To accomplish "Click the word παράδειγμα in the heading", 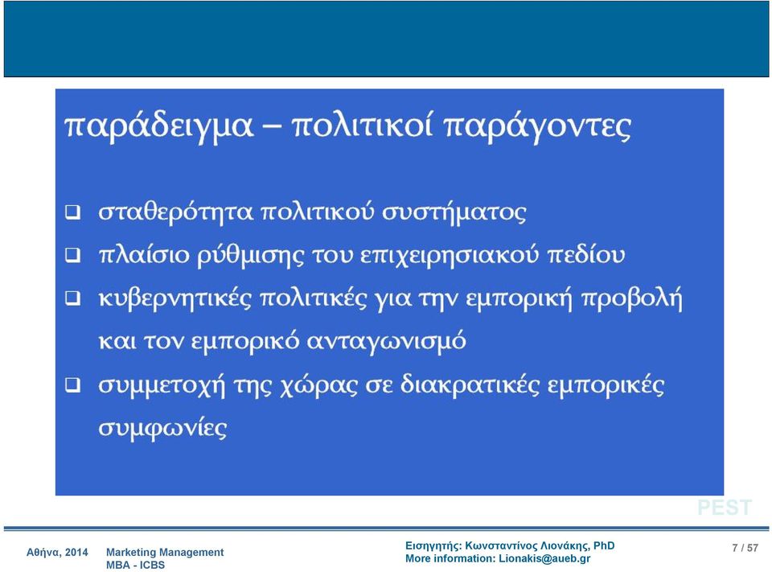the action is (158, 126).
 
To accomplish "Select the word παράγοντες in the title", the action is (537, 126).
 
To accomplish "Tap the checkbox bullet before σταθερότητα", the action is (73, 212).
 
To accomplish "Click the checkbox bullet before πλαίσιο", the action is (73, 255).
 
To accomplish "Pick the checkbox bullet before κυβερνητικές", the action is (73, 298).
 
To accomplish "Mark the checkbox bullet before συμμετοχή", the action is (73, 385).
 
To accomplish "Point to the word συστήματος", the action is (454, 213).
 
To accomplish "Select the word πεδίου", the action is (586, 255).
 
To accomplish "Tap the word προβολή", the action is (632, 298).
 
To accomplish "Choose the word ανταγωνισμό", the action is (386, 341).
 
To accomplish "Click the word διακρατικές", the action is (470, 385).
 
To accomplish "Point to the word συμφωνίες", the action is (162, 428).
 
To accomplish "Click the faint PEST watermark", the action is (725, 508).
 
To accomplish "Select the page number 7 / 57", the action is (745, 548).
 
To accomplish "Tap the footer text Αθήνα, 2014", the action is (57, 553).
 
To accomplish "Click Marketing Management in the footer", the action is (165, 553).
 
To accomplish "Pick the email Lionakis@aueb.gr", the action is (544, 558).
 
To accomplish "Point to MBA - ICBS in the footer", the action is (135, 565).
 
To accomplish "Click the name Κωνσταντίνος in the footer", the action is (501, 546).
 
